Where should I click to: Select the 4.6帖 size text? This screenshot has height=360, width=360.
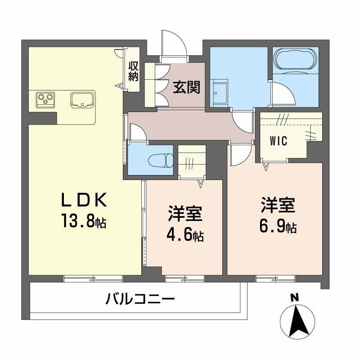pos(185,234)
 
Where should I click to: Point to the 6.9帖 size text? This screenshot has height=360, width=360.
pos(277,226)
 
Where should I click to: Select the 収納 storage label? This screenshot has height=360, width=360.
pos(133,71)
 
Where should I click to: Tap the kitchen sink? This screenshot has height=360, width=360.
pos(82,99)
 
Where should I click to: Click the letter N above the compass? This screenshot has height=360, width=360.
pos(295,297)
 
